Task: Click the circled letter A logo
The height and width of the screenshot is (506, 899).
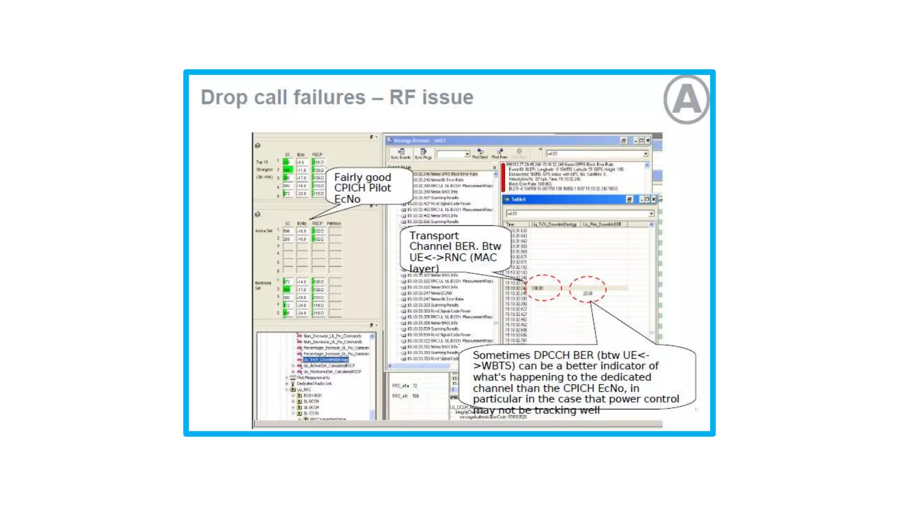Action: tap(686, 100)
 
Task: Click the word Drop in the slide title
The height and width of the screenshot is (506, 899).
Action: tap(224, 98)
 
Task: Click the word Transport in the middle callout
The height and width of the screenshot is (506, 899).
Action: tap(434, 236)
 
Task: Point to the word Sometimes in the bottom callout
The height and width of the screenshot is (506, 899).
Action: tap(501, 355)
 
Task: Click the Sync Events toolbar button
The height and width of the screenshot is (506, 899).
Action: tap(401, 154)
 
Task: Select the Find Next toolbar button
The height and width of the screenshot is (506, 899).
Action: tap(480, 154)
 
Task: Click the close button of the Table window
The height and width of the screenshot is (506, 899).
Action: tap(654, 199)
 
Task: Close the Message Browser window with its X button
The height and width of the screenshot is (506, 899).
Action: tap(647, 141)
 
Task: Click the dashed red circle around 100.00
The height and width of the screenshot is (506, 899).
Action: tap(543, 288)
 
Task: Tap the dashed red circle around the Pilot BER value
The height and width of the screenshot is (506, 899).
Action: tap(587, 289)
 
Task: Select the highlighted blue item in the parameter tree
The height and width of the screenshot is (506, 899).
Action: tap(325, 360)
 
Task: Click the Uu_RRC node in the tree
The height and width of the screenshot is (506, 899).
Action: tap(303, 390)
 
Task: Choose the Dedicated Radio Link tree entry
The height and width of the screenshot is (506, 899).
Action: tap(314, 383)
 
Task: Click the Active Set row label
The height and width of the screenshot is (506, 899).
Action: tap(263, 231)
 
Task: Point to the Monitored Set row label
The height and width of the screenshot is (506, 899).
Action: tap(263, 285)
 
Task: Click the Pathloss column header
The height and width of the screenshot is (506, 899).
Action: tap(334, 224)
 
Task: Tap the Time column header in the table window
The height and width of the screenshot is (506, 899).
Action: tap(510, 224)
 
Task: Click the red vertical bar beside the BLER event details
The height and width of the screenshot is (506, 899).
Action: tap(503, 177)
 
